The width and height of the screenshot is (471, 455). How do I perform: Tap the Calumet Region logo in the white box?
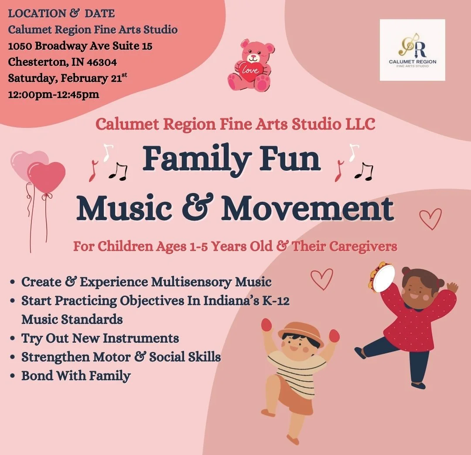point(412,50)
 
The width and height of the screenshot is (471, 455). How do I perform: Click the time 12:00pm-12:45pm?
point(54,94)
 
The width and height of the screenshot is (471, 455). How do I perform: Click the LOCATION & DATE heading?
point(61,14)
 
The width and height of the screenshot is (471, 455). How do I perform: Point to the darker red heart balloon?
point(46,177)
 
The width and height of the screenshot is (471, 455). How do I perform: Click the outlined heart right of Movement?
point(430,218)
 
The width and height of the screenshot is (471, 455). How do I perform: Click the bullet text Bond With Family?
point(76,376)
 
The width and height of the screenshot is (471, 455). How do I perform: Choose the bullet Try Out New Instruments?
point(100,338)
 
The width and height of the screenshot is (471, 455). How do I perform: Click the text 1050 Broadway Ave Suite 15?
point(80,46)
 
